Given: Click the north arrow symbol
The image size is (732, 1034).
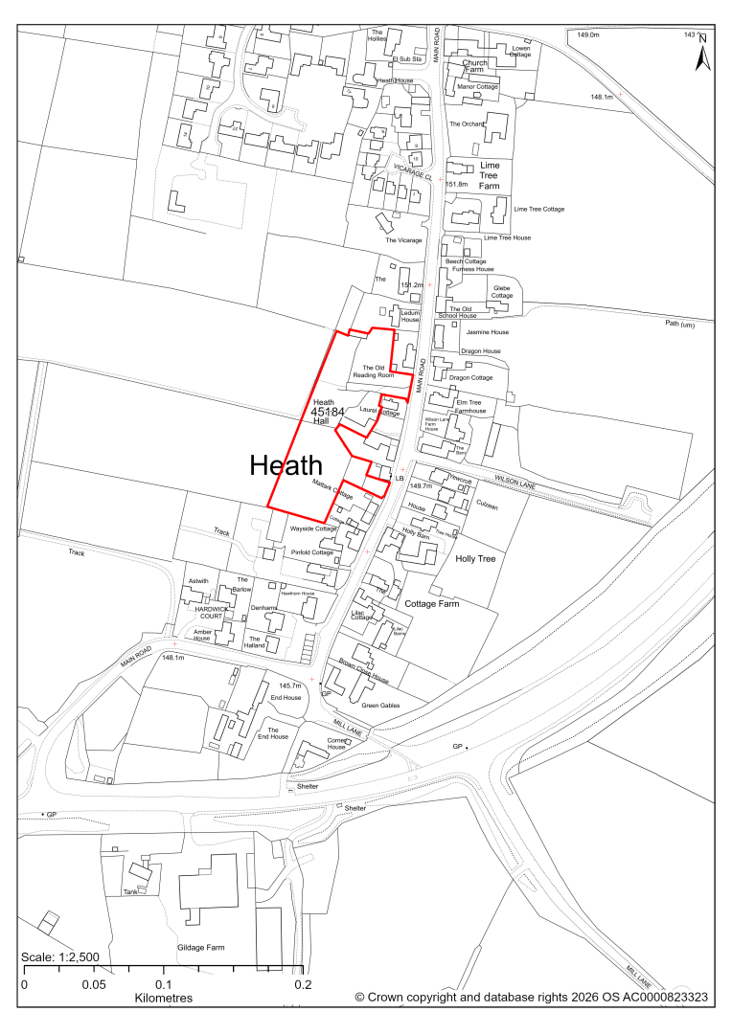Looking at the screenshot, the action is point(701,53).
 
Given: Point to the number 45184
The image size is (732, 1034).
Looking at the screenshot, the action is point(328,412).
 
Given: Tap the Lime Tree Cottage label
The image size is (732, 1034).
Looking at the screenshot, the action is point(539,209).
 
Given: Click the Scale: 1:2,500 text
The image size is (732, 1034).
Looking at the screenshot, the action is point(60,957).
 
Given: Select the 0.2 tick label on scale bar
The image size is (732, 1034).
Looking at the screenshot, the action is point(303,983).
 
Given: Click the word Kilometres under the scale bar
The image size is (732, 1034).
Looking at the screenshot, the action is point(164,998).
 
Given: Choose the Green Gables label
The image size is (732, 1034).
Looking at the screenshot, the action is point(380,706).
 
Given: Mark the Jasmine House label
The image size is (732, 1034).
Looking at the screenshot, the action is point(487,332).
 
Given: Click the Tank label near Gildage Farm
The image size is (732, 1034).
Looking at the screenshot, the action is point(130,891).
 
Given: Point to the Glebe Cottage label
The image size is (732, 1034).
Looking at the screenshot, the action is point(502,292).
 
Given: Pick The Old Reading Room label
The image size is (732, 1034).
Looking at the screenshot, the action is point(377,371).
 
